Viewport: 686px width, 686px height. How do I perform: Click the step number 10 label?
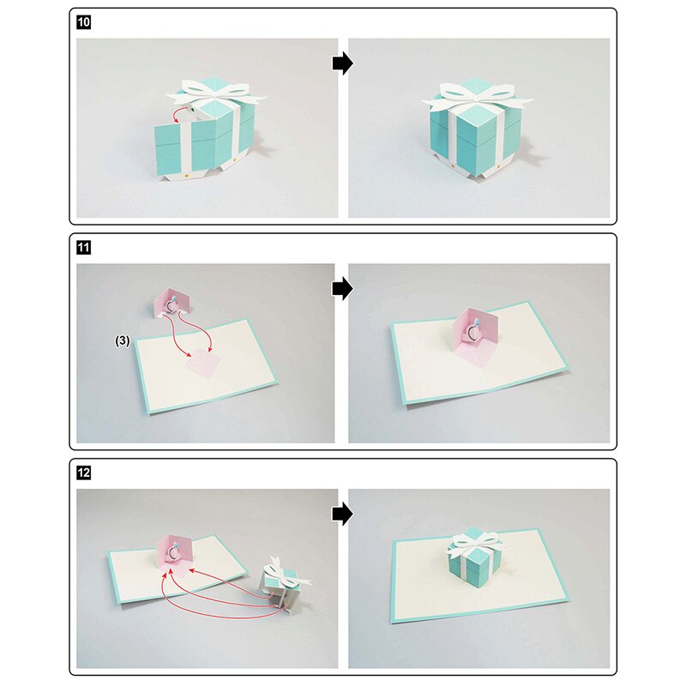pos(83,22)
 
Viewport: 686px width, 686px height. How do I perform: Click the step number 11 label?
pos(83,248)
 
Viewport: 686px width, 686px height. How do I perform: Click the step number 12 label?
pos(83,472)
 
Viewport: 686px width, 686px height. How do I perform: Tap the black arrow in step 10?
pos(342,64)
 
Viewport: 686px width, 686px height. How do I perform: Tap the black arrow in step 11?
pos(342,289)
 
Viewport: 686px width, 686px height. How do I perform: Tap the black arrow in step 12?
pos(342,514)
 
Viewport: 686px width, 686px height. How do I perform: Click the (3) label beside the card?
pos(123,340)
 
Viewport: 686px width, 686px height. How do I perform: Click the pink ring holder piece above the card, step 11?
pos(170,303)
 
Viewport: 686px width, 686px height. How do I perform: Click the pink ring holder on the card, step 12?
pos(177,551)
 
